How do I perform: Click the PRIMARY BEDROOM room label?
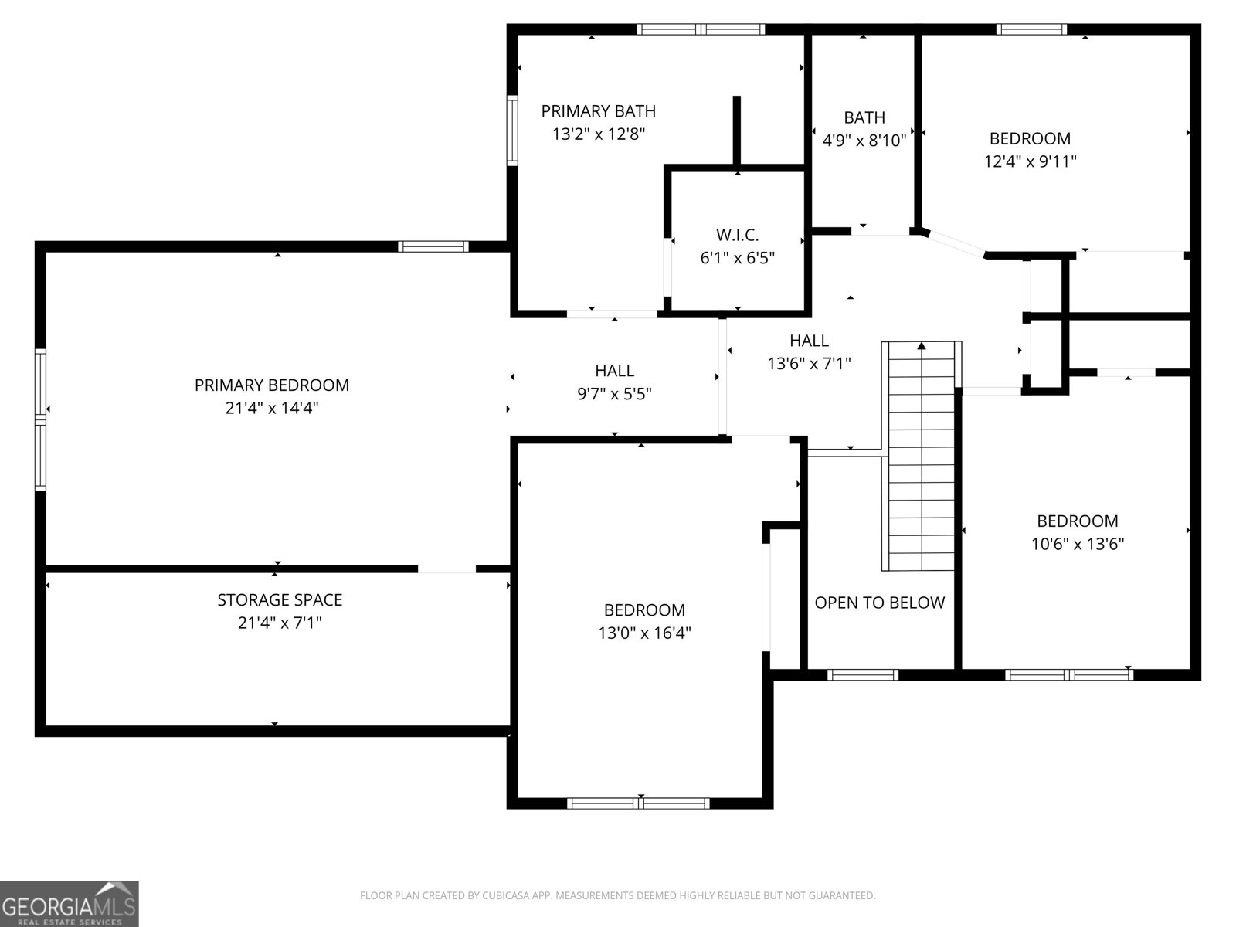[271, 385]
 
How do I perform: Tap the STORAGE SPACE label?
[280, 600]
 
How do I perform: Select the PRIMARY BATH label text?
[599, 111]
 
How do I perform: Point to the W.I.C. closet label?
[738, 235]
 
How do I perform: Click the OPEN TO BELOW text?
[880, 603]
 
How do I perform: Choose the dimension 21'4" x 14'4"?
[272, 408]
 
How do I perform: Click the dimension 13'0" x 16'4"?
[645, 633]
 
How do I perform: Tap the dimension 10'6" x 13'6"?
[1078, 544]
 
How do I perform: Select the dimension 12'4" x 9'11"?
[1031, 161]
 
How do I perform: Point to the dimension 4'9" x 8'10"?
[865, 140]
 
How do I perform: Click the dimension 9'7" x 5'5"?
[614, 393]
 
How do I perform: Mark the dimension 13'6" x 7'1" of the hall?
[809, 364]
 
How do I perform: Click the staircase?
[922, 456]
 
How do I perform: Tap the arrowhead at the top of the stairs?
[922, 345]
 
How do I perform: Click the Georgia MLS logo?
[70, 903]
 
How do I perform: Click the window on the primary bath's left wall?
[512, 131]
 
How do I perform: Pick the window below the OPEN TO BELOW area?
[863, 675]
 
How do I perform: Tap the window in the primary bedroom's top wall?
[433, 246]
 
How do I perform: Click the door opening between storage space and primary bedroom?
[447, 569]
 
